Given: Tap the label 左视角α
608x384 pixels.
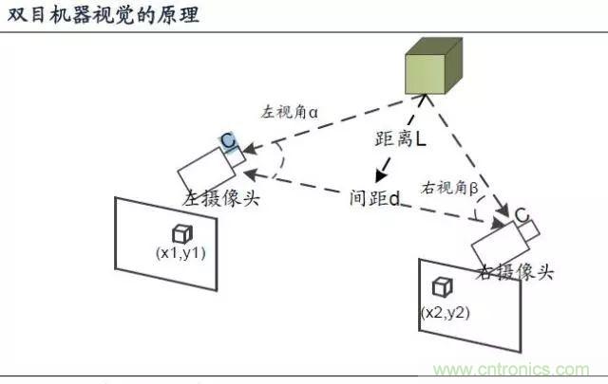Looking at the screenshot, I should [290, 111].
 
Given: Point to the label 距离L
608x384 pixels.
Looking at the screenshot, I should [399, 139].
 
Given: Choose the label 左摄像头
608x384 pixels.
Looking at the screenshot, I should [220, 200].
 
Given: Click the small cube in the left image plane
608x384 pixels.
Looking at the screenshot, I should [181, 233].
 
